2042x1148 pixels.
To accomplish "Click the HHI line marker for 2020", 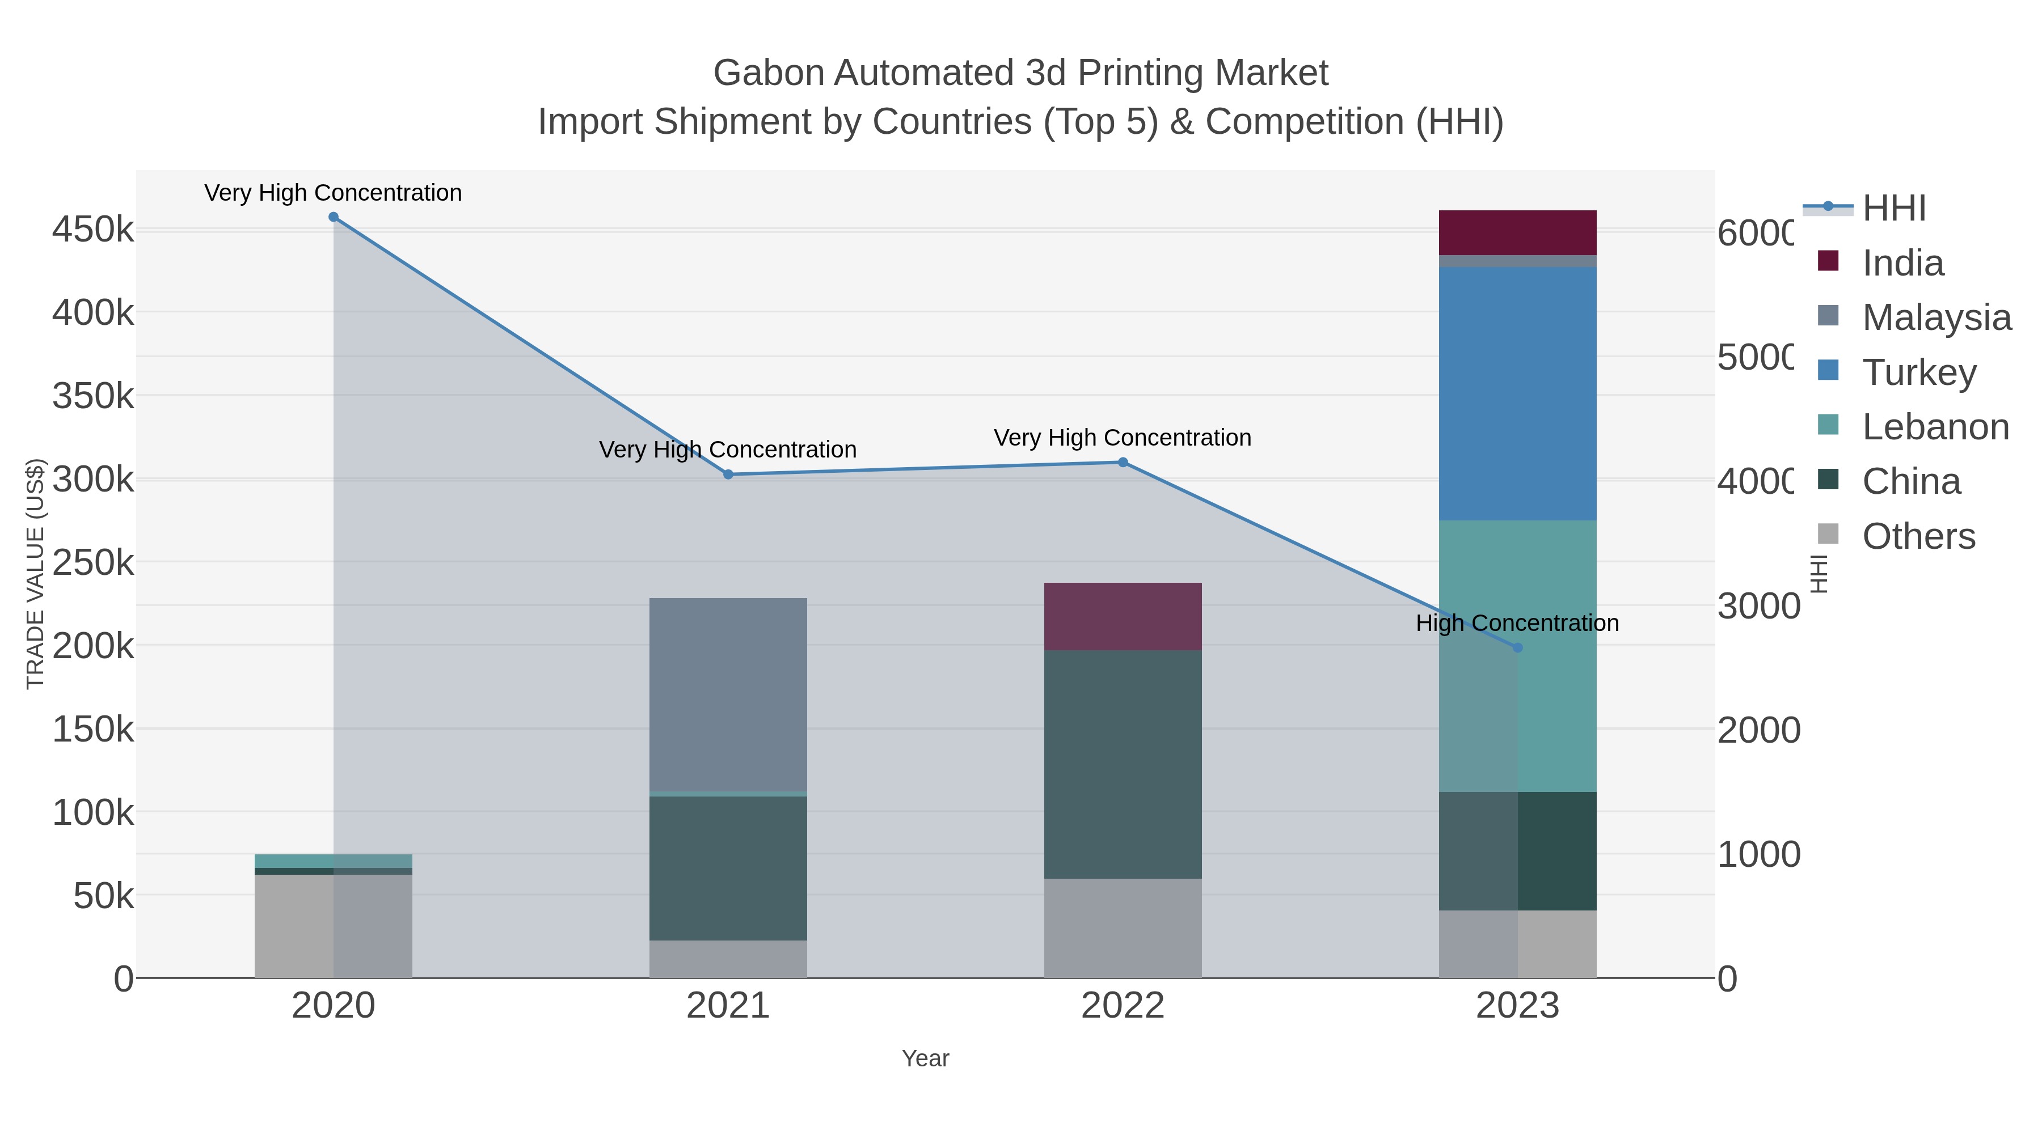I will [x=333, y=217].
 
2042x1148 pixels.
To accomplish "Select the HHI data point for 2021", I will [x=728, y=475].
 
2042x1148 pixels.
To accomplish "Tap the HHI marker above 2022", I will [x=1123, y=462].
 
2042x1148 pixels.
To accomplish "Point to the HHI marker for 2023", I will [x=1517, y=647].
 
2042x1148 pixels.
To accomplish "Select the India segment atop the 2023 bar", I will [x=1517, y=232].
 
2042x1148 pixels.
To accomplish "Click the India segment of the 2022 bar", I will [x=1123, y=616].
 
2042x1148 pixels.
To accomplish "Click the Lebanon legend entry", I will [x=1934, y=427].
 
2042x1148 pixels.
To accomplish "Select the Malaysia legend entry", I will [x=1935, y=317].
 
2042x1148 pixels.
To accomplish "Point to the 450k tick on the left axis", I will [x=93, y=230].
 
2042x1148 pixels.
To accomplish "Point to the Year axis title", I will [x=925, y=1058].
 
